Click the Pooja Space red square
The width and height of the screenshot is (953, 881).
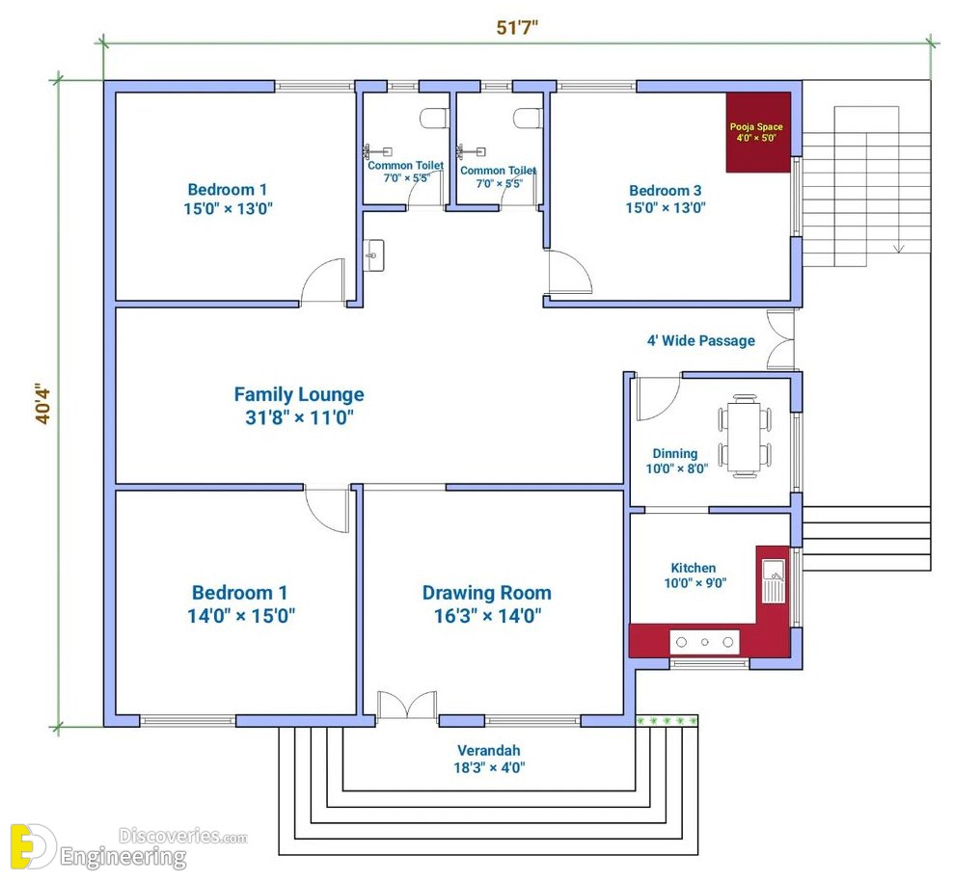click(758, 132)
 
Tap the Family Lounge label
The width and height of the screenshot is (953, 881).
click(299, 406)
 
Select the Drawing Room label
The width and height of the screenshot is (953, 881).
click(487, 603)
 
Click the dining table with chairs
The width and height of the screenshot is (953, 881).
click(746, 436)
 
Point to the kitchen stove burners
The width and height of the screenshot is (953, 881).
click(704, 642)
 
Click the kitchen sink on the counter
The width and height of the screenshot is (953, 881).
click(774, 581)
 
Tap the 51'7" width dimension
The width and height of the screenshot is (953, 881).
click(517, 28)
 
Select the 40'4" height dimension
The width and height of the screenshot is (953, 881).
click(41, 403)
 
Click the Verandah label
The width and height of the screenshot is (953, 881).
click(489, 759)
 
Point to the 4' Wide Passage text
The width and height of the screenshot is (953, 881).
click(701, 340)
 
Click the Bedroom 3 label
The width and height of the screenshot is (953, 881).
click(666, 199)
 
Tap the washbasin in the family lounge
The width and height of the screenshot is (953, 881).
click(374, 255)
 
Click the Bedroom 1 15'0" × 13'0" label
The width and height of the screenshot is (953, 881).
click(228, 200)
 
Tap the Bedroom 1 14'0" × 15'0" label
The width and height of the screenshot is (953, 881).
click(241, 603)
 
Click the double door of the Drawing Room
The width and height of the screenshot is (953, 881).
click(407, 705)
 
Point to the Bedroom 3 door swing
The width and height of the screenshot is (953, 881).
click(569, 272)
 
